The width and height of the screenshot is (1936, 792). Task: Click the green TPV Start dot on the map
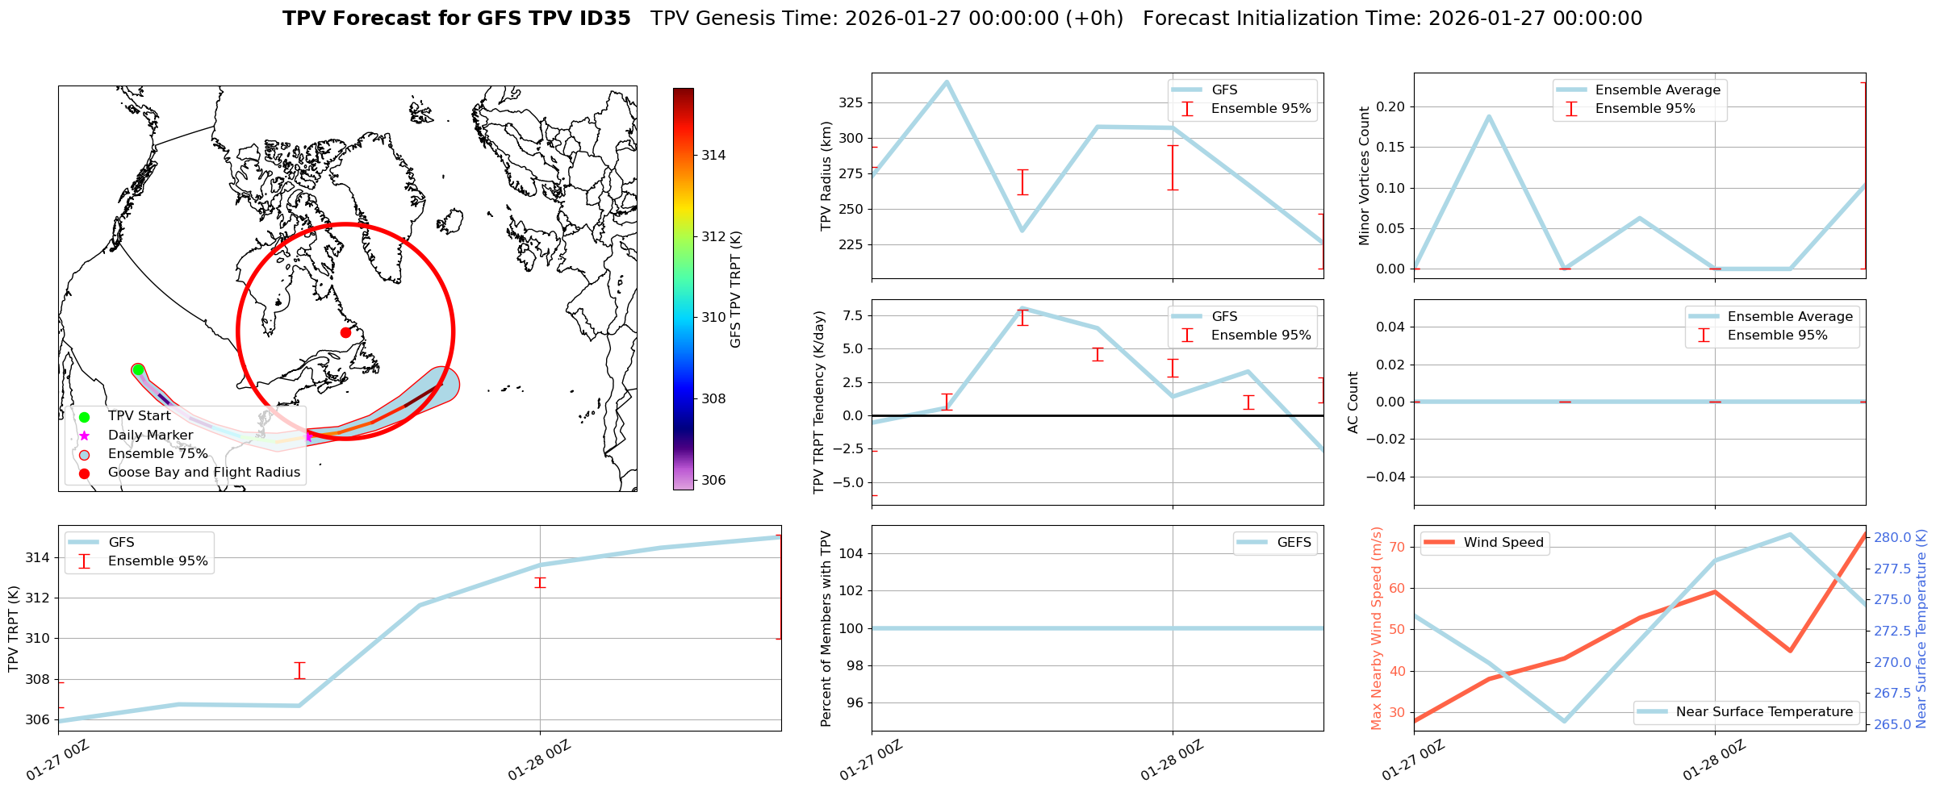[138, 369]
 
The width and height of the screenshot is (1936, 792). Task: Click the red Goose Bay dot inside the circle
[345, 332]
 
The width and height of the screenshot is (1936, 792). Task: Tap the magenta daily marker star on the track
[308, 436]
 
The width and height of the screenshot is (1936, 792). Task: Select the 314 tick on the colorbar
[713, 156]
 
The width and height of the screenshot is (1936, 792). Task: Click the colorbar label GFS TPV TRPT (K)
[735, 290]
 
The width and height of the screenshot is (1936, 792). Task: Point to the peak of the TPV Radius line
[947, 81]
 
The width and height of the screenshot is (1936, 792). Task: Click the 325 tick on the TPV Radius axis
[852, 102]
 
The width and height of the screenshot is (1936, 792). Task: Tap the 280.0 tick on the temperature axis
[1892, 537]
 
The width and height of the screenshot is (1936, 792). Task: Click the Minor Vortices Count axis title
[1365, 176]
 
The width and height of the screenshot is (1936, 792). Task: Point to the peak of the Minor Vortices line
[1489, 116]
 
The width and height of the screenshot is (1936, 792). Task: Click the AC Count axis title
[1353, 402]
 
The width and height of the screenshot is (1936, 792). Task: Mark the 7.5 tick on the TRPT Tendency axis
[852, 315]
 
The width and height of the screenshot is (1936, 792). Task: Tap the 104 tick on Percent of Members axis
[852, 553]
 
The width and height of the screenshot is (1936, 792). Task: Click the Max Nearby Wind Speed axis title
[1377, 628]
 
